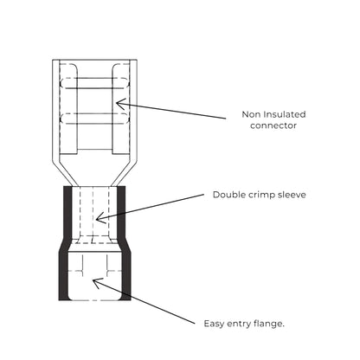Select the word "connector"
pos(273,125)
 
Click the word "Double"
pos(228,195)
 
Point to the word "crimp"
pos(260,196)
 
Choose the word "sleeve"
pos(292,195)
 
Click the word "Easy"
pos(214,324)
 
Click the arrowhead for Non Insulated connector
pos(119,104)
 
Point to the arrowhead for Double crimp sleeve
pos(100,218)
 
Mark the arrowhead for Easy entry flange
pos(97,282)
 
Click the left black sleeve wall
pos(66,243)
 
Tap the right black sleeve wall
pos(124,243)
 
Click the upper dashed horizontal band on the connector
pos(94,83)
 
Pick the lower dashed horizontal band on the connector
pos(94,119)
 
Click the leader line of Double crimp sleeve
pos(150,207)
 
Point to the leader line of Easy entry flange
pos(144,302)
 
